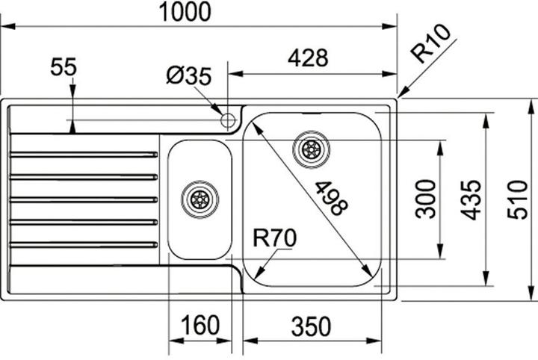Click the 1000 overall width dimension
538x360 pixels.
coord(185,12)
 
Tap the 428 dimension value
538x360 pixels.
coord(308,58)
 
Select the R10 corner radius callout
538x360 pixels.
coord(430,43)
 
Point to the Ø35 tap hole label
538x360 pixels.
coord(189,75)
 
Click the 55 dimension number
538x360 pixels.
coord(64,67)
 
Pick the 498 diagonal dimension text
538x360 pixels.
coord(331,199)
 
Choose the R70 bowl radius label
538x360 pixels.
coord(274,238)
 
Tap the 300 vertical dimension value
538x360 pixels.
coord(425,199)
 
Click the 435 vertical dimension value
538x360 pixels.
coord(471,200)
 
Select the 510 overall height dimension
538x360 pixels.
coord(517,200)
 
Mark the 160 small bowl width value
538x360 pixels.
coord(200,325)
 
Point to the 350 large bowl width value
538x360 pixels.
coord(311,326)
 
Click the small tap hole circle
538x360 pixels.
coord(228,120)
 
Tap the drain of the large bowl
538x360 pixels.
coord(311,149)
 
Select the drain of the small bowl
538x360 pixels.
coord(200,199)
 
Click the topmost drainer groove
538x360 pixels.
coord(84,155)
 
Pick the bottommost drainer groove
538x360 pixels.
coord(84,245)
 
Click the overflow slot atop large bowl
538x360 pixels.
coord(312,113)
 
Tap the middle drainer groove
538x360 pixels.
coord(84,199)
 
